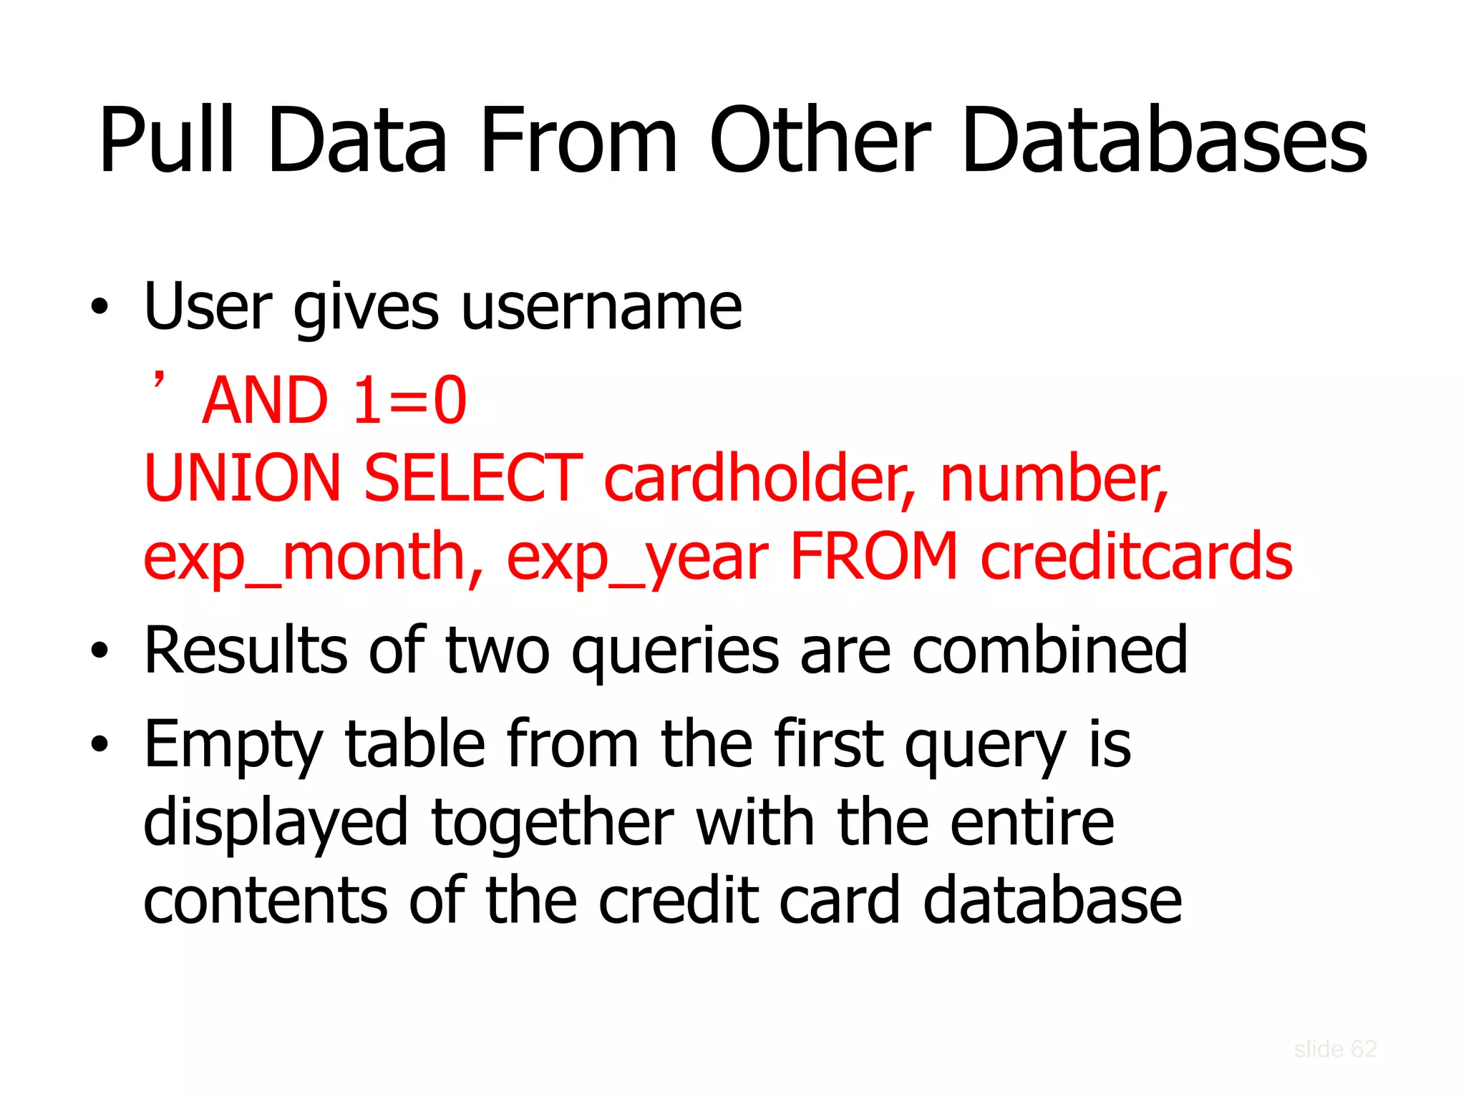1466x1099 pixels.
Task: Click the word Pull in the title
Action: click(167, 140)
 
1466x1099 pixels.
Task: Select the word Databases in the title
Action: click(1164, 140)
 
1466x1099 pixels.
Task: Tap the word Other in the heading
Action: click(820, 140)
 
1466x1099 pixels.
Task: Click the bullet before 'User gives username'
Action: click(99, 307)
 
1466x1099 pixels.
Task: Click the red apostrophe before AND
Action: click(159, 380)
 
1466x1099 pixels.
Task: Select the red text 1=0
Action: click(409, 401)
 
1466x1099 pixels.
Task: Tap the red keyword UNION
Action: click(243, 478)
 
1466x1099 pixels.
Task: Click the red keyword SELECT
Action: click(473, 478)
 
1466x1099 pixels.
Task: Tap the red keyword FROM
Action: click(873, 557)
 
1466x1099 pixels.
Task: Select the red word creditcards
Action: click(1136, 557)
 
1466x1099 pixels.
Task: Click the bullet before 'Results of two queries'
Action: click(99, 650)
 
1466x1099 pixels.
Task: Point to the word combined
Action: click(1049, 650)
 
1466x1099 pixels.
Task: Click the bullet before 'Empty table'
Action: click(99, 744)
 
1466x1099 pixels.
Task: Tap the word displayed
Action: click(276, 823)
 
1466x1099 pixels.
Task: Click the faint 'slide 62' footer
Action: click(1335, 1049)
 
